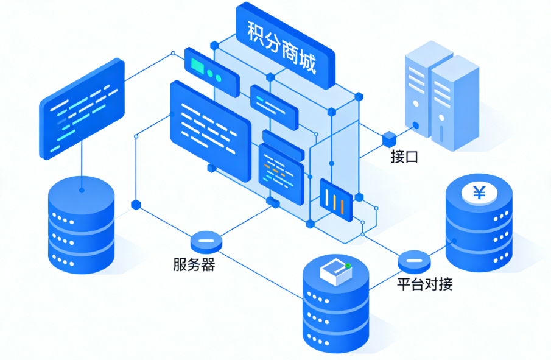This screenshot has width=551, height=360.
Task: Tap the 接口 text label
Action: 404,157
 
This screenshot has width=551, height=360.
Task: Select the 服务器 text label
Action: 194,265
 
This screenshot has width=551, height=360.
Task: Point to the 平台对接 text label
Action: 424,284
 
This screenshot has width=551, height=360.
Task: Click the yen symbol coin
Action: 479,194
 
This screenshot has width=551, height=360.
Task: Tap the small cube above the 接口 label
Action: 389,139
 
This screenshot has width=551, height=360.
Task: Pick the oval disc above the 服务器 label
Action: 206,241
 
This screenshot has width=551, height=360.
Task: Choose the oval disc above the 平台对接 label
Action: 414,261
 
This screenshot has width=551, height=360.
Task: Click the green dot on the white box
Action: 348,266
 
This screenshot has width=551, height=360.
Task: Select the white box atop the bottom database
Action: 334,272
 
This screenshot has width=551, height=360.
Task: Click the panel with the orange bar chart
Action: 335,198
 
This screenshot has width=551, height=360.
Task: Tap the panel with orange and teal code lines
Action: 281,174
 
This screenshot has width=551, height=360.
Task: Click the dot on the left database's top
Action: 81,190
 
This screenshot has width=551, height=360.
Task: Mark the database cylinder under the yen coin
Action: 479,235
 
